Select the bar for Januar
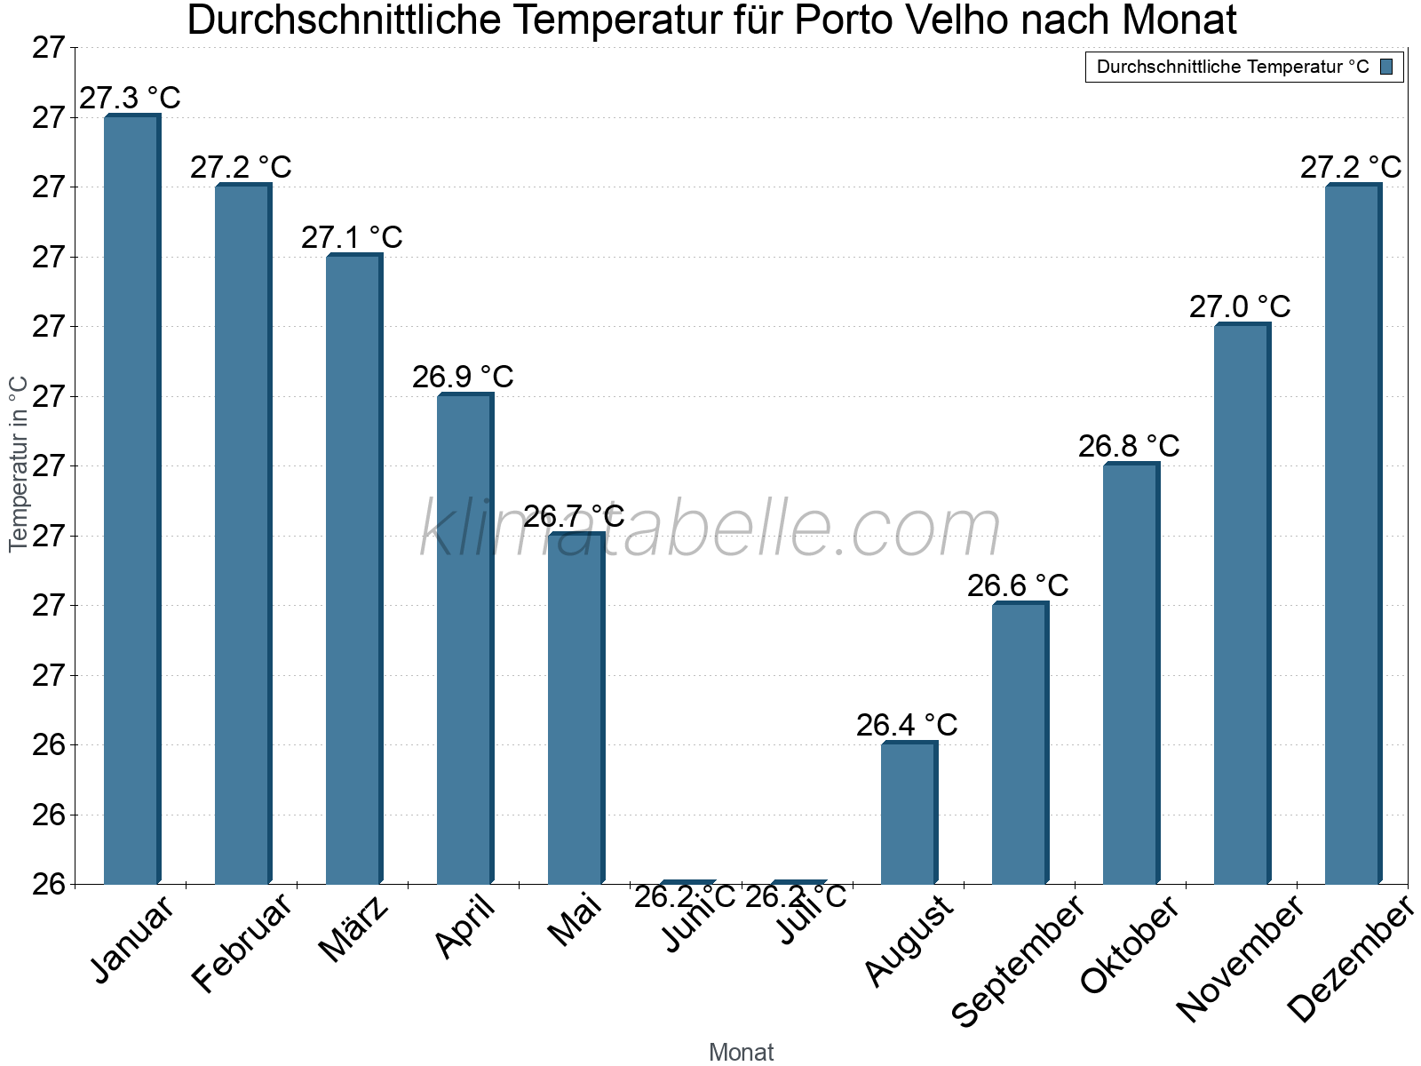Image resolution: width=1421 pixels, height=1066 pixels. click(x=131, y=499)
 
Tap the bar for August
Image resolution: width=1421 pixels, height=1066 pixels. click(x=909, y=813)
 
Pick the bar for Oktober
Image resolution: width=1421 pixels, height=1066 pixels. click(x=1131, y=673)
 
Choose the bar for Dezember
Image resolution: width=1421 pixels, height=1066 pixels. click(x=1353, y=534)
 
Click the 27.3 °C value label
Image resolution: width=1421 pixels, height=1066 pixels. click(x=130, y=98)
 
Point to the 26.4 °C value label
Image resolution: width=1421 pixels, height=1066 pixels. click(x=907, y=725)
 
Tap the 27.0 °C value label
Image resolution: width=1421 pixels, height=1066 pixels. click(x=1240, y=307)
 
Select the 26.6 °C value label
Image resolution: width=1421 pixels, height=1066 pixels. click(x=1018, y=586)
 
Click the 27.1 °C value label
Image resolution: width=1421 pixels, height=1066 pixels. click(x=352, y=237)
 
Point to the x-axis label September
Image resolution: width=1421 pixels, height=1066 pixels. click(x=1018, y=960)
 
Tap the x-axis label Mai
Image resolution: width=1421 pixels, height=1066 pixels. click(x=575, y=920)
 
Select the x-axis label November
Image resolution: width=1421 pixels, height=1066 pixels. click(x=1240, y=959)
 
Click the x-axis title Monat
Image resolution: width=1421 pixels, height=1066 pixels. click(x=742, y=1053)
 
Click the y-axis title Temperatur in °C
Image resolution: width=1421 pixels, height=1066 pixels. click(x=18, y=464)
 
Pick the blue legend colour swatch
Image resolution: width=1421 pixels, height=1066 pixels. click(x=1386, y=67)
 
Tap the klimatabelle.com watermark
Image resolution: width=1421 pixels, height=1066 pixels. click(x=710, y=529)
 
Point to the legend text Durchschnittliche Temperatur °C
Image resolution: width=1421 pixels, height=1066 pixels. click(x=1233, y=67)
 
